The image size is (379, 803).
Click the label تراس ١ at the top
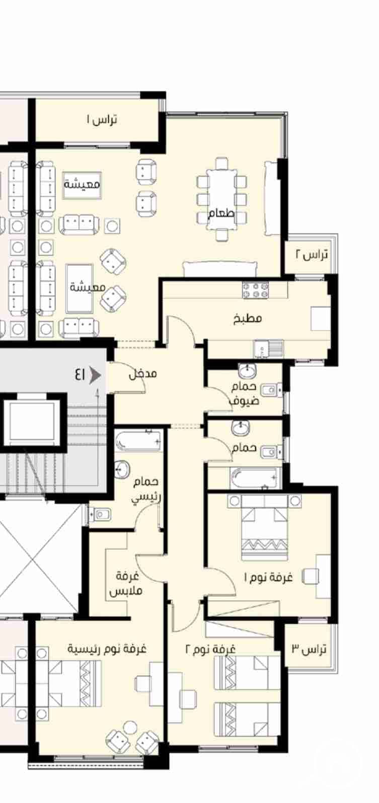pos(102,119)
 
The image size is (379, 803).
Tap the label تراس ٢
pos(312,255)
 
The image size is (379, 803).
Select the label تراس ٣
pos(309,649)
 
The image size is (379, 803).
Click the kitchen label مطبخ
pos(248,318)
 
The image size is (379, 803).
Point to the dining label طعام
pos(221,214)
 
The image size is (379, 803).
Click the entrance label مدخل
pos(143,374)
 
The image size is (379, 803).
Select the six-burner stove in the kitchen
pos(255,290)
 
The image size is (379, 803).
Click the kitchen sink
pos(268,349)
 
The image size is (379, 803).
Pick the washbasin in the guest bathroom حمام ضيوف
pos(247,371)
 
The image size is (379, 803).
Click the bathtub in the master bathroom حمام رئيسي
pos(138,440)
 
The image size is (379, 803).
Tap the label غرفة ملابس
pos(126,584)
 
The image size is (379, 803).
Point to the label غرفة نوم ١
pos(269,578)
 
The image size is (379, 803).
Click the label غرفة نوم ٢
pos(210,649)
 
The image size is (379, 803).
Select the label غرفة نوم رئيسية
pos(107,649)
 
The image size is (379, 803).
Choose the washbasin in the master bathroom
pos(122,468)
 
